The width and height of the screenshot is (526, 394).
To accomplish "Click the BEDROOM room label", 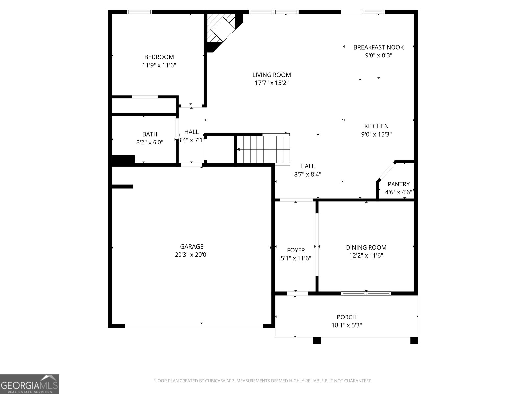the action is [x=159, y=57].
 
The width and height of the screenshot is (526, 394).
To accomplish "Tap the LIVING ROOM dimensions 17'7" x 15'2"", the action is [x=272, y=83].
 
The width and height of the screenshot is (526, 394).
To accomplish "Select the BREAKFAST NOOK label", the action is [x=378, y=47].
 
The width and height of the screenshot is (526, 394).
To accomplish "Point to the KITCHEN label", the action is [x=376, y=126].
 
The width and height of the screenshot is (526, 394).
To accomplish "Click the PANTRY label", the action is [x=398, y=184].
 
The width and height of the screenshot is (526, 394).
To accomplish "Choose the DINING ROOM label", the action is [x=366, y=247].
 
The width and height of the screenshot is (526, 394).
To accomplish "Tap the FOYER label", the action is [x=296, y=250].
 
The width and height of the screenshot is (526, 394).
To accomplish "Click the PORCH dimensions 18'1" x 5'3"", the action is [x=347, y=325].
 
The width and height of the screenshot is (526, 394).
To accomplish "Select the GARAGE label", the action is [x=191, y=246].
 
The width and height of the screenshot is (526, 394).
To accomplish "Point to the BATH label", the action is [x=150, y=134].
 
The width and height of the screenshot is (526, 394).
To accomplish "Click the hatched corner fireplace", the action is [x=221, y=28].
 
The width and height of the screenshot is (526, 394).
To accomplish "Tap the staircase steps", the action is [x=263, y=149].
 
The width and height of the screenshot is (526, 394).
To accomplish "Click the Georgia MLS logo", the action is [x=30, y=384].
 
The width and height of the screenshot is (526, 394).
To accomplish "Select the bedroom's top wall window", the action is [x=139, y=12].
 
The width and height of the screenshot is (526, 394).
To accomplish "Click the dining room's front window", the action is [x=366, y=294].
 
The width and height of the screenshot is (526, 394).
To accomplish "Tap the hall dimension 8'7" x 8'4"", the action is [x=307, y=174].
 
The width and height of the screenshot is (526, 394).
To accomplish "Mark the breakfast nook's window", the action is [x=373, y=12].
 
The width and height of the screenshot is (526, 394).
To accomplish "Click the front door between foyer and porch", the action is [x=298, y=294].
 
